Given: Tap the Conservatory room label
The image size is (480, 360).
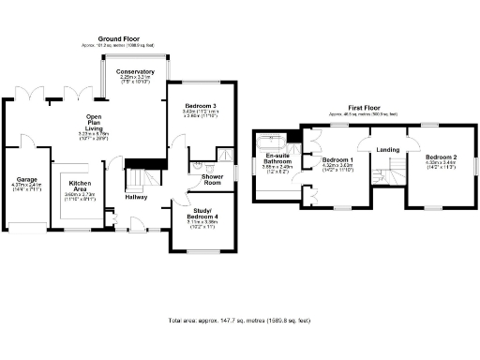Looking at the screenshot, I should pos(136,71).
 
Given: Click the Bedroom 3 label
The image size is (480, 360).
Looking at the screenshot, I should pos(201,106).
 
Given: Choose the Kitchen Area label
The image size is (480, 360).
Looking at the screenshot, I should pos(79,186).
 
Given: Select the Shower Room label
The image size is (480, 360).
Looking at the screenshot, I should pos(205,179).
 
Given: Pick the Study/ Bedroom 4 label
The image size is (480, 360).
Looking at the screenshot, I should pos(202,214).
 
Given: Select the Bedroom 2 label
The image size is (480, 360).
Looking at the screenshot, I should pos(440,157).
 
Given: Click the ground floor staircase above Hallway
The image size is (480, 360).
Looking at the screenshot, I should pos(140,177).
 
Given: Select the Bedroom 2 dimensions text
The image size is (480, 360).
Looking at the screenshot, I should pos(440,167).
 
